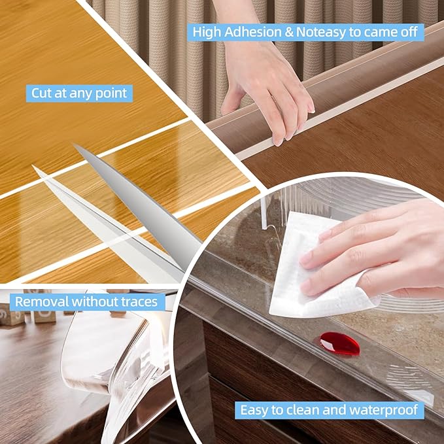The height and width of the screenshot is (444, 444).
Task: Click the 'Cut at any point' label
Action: pos(79,93)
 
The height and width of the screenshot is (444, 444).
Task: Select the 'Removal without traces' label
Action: pos(87,301)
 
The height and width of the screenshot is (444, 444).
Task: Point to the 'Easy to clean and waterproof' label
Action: pos(330,411)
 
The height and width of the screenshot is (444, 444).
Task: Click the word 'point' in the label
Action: pos(111,93)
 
